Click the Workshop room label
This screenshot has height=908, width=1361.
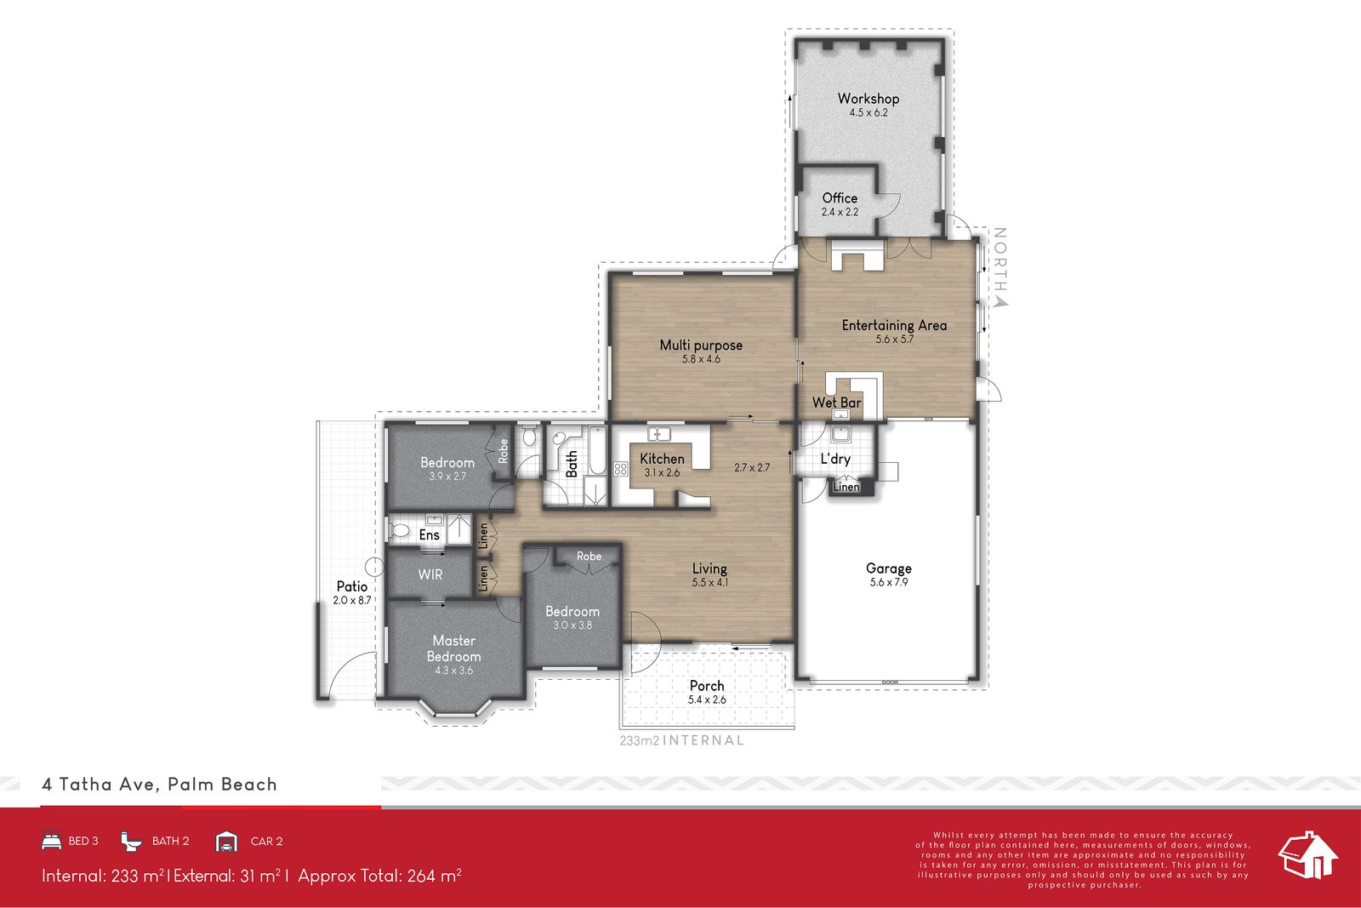[x=868, y=99]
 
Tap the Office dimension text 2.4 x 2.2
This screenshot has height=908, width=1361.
[x=840, y=212]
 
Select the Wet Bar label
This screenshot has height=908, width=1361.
[x=836, y=403]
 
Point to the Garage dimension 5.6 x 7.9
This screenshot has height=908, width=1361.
[x=889, y=583]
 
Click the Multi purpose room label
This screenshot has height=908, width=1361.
[x=701, y=345]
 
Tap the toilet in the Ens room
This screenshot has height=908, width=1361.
[x=400, y=532]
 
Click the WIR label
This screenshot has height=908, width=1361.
[x=430, y=574]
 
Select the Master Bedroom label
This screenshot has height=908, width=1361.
[x=453, y=648]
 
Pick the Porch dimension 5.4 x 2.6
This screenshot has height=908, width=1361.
[x=707, y=700]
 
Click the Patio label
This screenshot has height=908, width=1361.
[x=351, y=585]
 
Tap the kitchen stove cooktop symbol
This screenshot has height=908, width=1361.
[x=620, y=469]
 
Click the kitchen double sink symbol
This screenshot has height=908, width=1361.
[x=659, y=435]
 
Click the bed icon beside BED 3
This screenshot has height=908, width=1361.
[x=51, y=841]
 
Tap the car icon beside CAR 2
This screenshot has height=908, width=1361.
[x=226, y=841]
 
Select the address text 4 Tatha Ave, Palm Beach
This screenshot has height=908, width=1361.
[x=159, y=785]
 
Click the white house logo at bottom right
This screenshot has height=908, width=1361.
[x=1308, y=855]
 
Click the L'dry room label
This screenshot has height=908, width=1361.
[x=834, y=459]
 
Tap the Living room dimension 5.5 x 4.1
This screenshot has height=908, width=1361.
[x=709, y=583]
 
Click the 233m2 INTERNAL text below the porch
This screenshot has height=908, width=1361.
[x=681, y=740]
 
